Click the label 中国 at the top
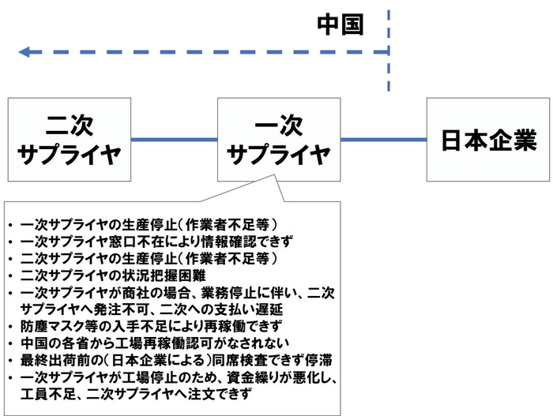340,24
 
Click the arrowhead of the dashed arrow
24,52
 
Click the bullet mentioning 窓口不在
158,241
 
